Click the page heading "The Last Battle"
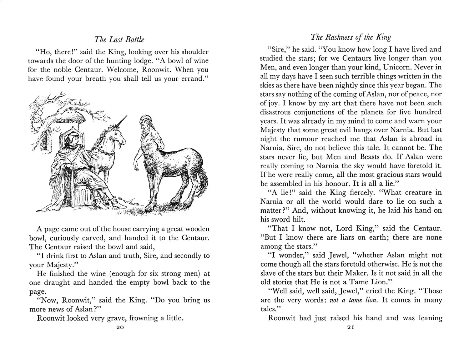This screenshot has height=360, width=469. pyautogui.click(x=119, y=40)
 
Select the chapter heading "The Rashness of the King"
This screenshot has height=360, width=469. pyautogui.click(x=351, y=37)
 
